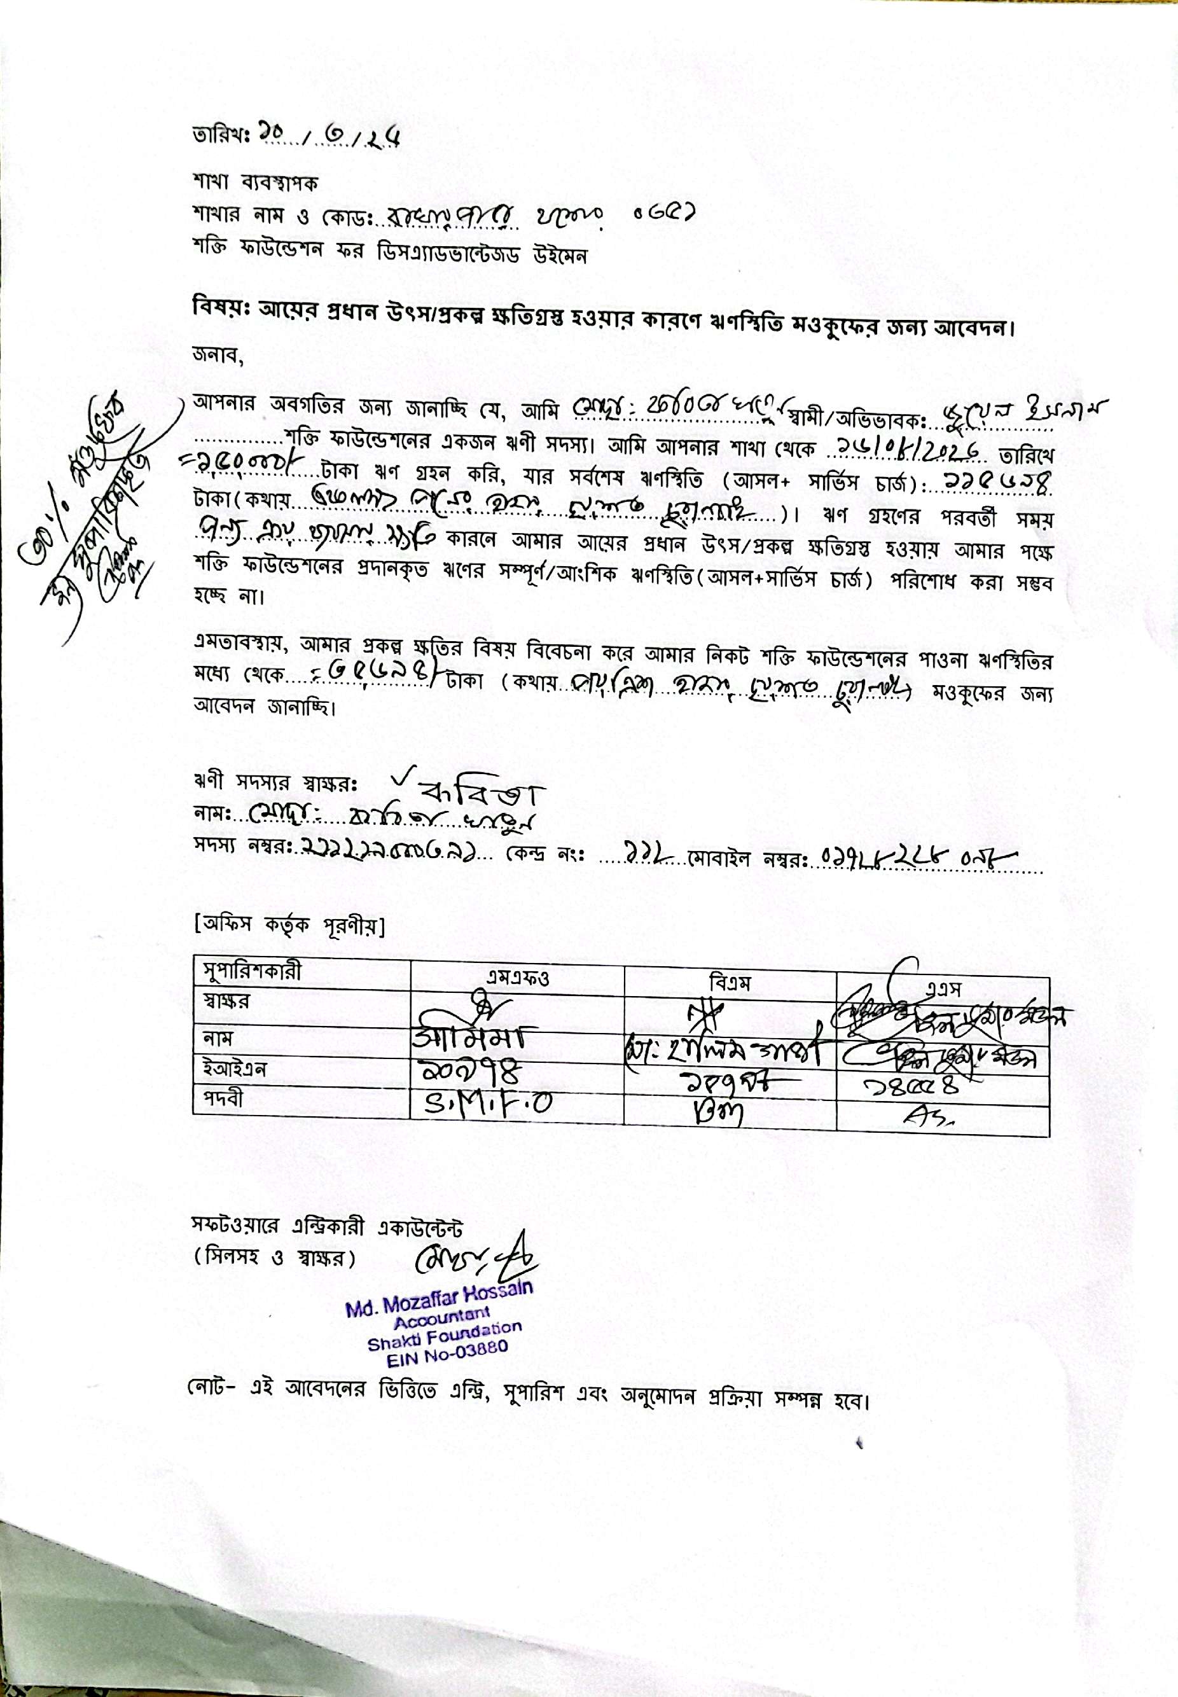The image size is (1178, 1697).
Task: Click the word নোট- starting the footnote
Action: (x=211, y=1399)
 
